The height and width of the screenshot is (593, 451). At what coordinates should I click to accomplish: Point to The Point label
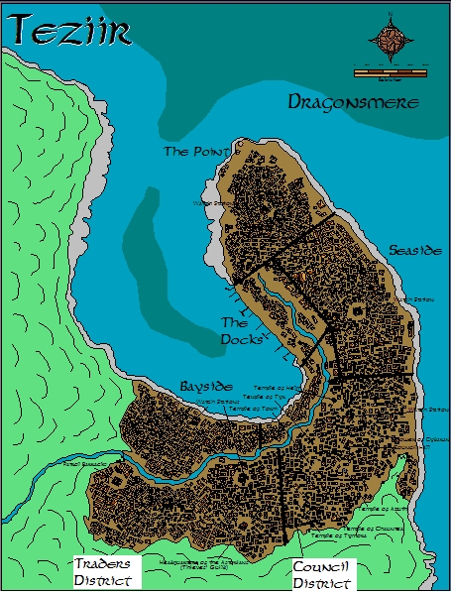(195, 152)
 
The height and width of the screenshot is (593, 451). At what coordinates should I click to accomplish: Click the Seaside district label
(414, 251)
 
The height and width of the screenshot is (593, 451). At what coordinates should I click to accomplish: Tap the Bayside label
(206, 384)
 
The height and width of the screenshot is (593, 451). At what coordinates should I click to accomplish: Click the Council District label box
(319, 574)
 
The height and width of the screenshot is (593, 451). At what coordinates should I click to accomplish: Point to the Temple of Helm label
(273, 388)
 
